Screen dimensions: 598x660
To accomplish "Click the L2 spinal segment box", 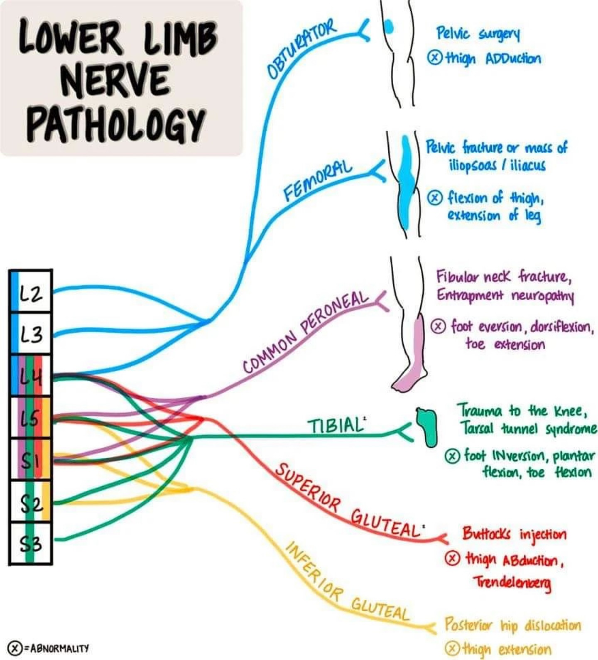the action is pyautogui.click(x=31, y=292).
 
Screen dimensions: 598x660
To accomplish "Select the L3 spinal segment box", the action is pyautogui.click(x=31, y=334).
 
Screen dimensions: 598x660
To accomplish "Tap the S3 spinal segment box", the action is pyautogui.click(x=31, y=543).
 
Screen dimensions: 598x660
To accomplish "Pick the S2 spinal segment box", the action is pyautogui.click(x=31, y=502).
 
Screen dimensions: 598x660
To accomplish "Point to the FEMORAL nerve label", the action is pyautogui.click(x=318, y=181).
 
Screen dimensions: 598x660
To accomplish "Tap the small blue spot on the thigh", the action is pyautogui.click(x=389, y=27).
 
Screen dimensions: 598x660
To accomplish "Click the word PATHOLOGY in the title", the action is pyautogui.click(x=116, y=125).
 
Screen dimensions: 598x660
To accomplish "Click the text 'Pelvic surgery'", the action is pyautogui.click(x=478, y=34).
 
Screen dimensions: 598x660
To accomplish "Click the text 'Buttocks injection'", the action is pyautogui.click(x=514, y=534).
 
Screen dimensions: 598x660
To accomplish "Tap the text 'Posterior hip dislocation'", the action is pyautogui.click(x=513, y=625).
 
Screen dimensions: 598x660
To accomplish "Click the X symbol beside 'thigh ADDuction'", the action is pyautogui.click(x=434, y=58).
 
